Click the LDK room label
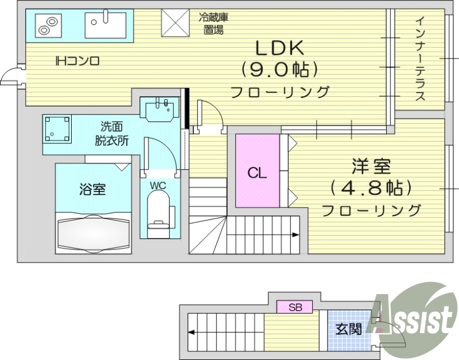279,47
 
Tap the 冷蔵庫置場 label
213,23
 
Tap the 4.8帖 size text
371,187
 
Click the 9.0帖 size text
279,69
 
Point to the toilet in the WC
159,212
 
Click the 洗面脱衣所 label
111,133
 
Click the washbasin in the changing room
161,109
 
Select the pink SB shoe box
295,307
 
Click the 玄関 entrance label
348,329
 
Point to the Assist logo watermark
411,312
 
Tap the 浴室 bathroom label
92,189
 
